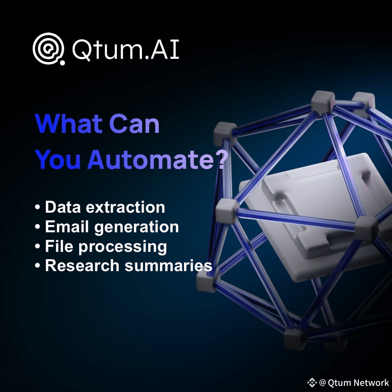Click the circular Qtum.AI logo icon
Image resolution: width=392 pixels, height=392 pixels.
(x=49, y=49)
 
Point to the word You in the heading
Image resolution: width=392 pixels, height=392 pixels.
(x=58, y=159)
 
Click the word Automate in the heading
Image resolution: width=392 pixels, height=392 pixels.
(x=150, y=159)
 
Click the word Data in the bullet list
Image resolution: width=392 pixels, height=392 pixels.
(x=63, y=207)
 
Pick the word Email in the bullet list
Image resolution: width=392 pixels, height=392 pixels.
(x=67, y=226)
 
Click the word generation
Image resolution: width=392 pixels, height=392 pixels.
(x=136, y=228)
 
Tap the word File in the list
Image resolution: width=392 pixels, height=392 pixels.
(x=59, y=246)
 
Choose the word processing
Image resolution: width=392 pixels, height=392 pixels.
(x=123, y=248)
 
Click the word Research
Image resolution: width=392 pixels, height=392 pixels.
(x=82, y=265)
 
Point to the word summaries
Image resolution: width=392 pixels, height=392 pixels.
(x=168, y=265)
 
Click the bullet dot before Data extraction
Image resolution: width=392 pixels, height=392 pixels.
(x=37, y=208)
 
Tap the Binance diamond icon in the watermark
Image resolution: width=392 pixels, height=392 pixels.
(x=312, y=382)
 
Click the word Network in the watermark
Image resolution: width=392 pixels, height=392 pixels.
(x=372, y=383)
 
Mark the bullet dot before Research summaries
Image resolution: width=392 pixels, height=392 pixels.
(x=37, y=266)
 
